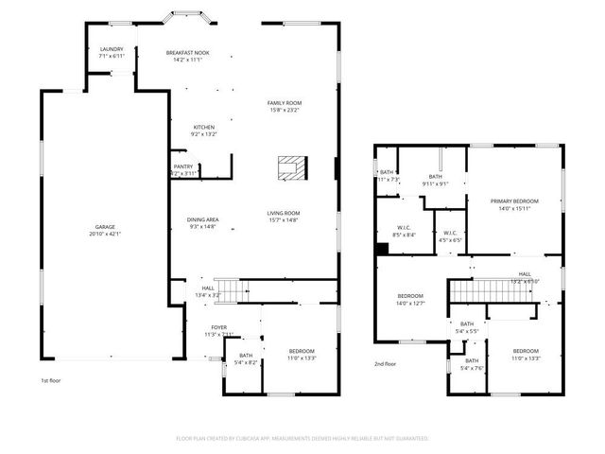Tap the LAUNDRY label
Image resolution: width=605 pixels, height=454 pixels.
(x=112, y=52)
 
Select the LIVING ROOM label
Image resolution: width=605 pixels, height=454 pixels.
(x=283, y=216)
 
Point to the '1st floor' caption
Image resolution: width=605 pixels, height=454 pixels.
(x=51, y=380)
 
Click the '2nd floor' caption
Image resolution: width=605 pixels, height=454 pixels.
(x=385, y=363)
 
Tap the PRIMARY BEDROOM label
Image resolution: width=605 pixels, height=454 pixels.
(x=513, y=201)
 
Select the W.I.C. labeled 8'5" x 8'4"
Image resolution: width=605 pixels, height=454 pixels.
(x=404, y=231)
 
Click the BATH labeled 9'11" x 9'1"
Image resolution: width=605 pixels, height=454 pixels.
(x=435, y=177)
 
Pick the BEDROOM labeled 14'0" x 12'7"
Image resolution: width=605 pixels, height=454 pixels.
(x=410, y=299)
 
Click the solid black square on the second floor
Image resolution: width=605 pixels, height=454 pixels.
(x=381, y=250)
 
